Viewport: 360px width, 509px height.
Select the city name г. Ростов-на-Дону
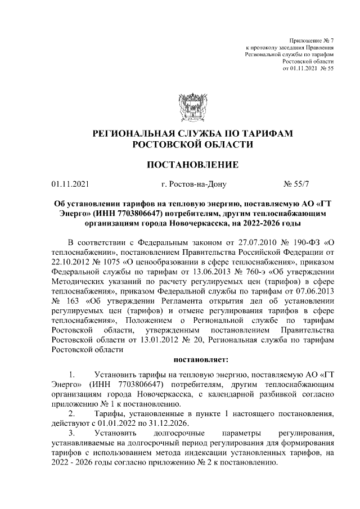click(192, 183)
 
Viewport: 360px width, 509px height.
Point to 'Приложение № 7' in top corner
click(311, 41)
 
